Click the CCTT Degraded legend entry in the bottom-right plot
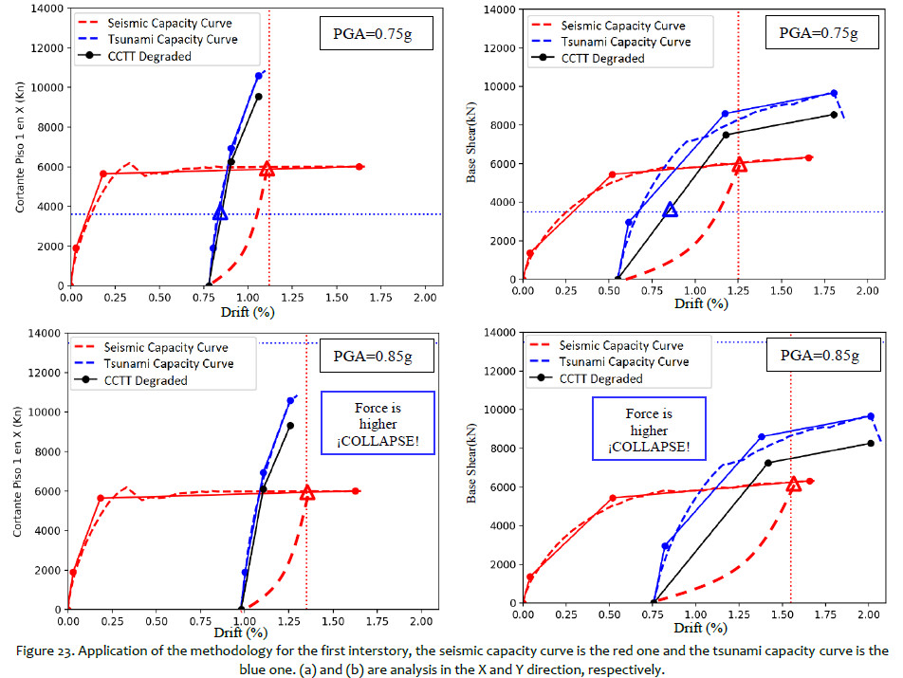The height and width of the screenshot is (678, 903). coord(601,379)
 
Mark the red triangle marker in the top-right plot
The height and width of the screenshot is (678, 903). coord(739,165)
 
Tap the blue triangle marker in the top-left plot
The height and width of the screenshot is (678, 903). coord(220,212)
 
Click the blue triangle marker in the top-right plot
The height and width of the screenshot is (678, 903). coord(671,209)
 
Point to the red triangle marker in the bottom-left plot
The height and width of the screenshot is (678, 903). coord(307,493)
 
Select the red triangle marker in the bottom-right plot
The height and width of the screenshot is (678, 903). coord(794,485)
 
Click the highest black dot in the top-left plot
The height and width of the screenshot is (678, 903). coord(258,96)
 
